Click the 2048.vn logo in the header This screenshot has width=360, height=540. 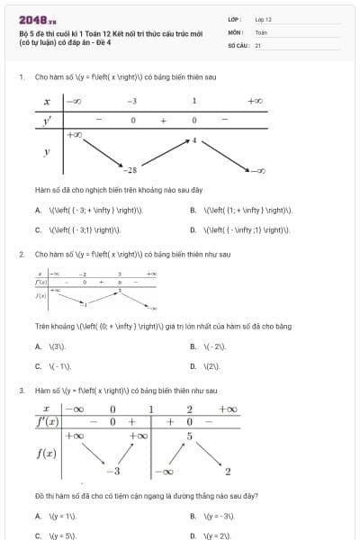pyautogui.click(x=37, y=18)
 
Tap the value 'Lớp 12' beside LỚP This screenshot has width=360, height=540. pyautogui.click(x=263, y=18)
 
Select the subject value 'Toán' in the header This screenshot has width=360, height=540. pyautogui.click(x=261, y=31)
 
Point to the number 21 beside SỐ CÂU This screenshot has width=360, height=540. pyautogui.click(x=257, y=44)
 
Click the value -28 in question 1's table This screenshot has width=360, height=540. pyautogui.click(x=131, y=169)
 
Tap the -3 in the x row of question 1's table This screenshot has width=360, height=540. pyautogui.click(x=131, y=102)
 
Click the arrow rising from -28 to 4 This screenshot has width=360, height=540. pyautogui.click(x=163, y=154)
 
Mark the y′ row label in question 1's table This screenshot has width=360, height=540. pyautogui.click(x=46, y=120)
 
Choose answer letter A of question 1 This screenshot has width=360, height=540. pyautogui.click(x=38, y=210)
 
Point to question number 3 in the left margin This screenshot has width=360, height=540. pyautogui.click(x=21, y=391)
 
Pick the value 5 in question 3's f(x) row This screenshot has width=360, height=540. pyautogui.click(x=189, y=436)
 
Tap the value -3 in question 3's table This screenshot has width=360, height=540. pyautogui.click(x=113, y=471)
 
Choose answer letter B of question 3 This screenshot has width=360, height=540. pyautogui.click(x=193, y=516)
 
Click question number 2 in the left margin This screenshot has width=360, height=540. pyautogui.click(x=21, y=255)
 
